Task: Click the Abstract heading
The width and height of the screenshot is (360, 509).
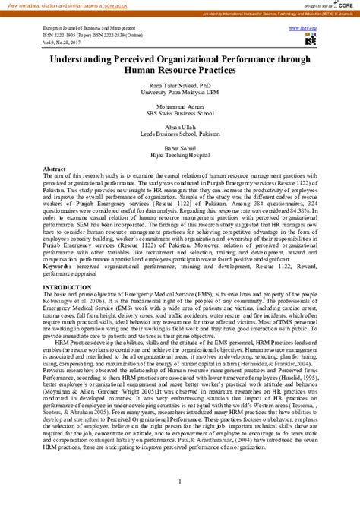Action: (x=55, y=168)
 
